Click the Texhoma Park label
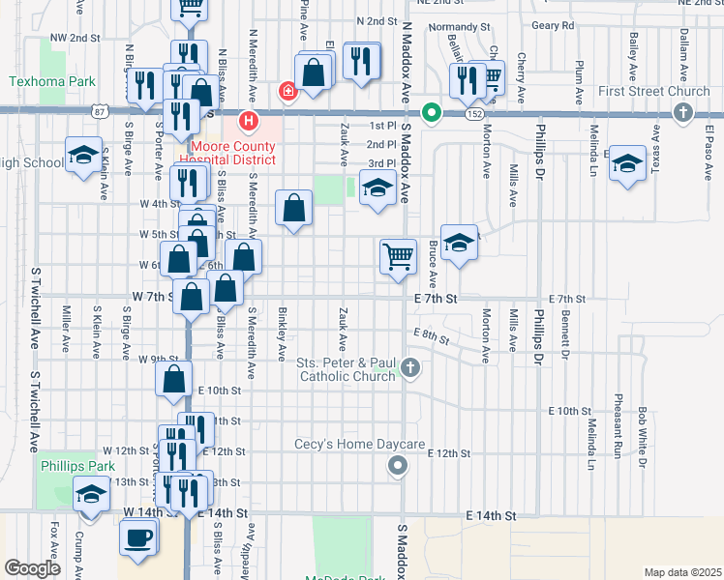tap(53, 82)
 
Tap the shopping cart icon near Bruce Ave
tap(397, 256)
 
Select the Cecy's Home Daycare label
tap(360, 445)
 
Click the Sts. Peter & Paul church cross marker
tap(410, 367)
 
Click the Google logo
tap(32, 568)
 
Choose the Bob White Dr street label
tap(641, 435)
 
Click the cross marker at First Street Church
tap(683, 113)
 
